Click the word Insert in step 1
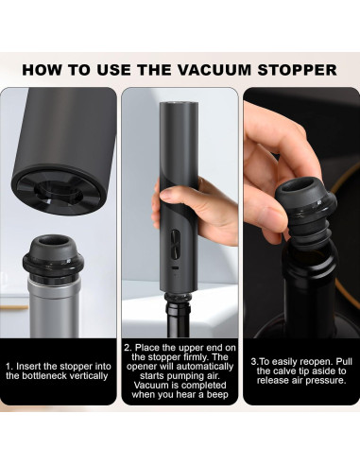coord(28,367)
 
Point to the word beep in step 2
coord(217,395)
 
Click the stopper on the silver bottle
coord(52,258)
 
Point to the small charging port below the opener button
coord(175,268)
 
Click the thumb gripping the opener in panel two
coord(176,195)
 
